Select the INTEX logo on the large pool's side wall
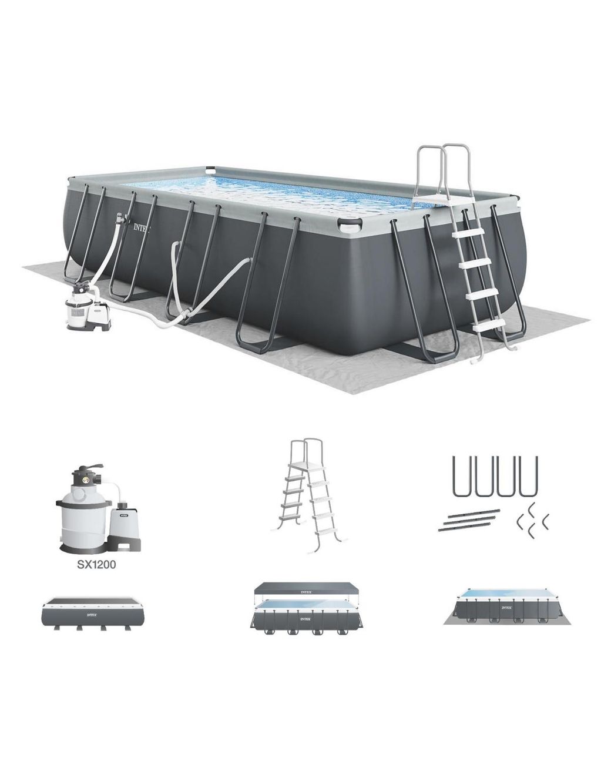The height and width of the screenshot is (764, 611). pyautogui.click(x=142, y=226)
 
